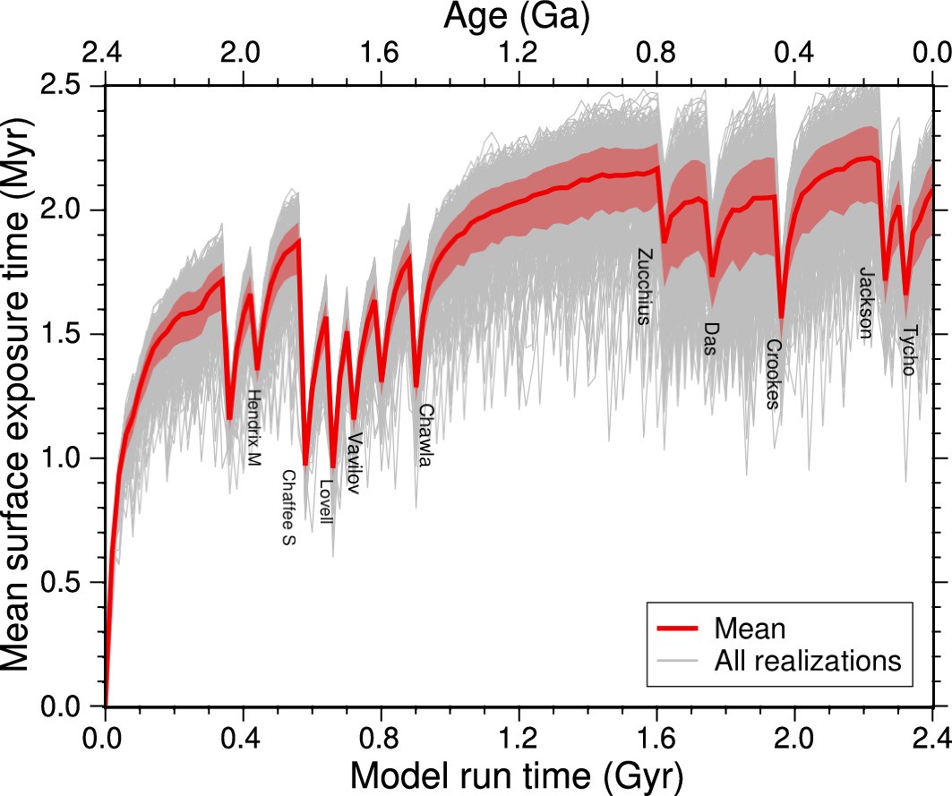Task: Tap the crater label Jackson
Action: click(866, 303)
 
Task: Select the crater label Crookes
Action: click(774, 373)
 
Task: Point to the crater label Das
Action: click(710, 338)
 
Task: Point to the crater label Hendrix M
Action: click(254, 428)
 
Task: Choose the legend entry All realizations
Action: click(806, 662)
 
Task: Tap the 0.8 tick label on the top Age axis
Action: click(656, 55)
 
